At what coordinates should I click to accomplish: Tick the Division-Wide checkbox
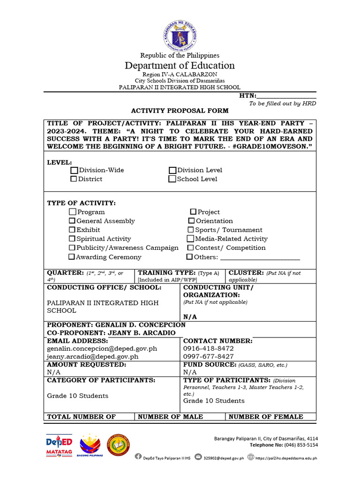(x=74, y=170)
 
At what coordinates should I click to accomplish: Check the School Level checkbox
(x=172, y=179)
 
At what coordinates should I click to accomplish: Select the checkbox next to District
(x=74, y=179)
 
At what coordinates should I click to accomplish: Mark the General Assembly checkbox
(x=72, y=221)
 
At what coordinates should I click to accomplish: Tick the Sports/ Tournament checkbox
(x=191, y=230)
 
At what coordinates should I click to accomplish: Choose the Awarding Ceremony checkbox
(x=72, y=257)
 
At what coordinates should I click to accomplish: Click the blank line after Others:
(x=260, y=257)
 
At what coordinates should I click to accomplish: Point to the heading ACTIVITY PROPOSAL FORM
(x=180, y=111)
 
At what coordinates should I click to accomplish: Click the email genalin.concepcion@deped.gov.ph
(x=102, y=349)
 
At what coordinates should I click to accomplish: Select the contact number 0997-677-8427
(x=208, y=356)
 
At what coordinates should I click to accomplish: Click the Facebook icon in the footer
(x=138, y=457)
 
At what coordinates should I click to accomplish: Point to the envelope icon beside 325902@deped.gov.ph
(x=198, y=457)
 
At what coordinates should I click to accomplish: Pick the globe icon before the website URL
(x=251, y=457)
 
